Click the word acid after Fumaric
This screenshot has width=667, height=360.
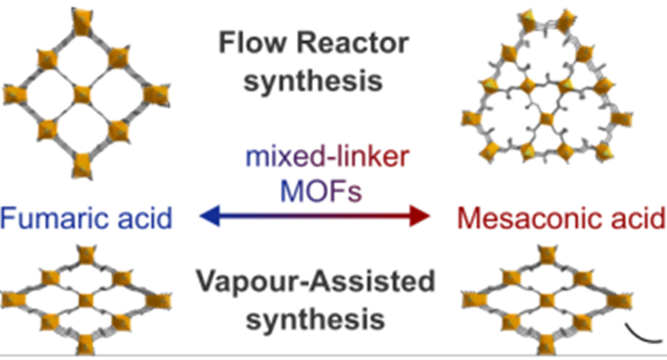pos(142,217)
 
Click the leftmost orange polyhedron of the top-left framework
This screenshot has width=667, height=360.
pos(12,92)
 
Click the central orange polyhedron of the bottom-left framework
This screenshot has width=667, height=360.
pos(84,300)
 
